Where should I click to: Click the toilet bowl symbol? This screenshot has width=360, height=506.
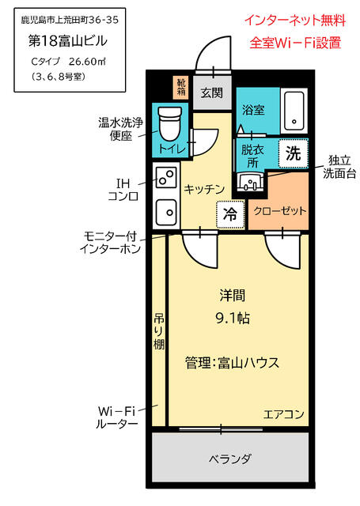(169, 124)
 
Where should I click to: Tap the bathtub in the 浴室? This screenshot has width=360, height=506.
(294, 111)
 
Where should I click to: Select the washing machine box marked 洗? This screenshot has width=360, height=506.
(294, 153)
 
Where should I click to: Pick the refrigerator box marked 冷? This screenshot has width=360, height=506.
(230, 214)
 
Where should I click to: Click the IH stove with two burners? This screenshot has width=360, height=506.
(166, 177)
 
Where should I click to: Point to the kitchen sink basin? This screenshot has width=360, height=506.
(166, 212)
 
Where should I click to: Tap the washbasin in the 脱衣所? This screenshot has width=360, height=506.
(249, 181)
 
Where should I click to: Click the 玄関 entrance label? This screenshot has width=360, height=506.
(212, 93)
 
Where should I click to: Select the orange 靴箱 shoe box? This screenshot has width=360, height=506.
(181, 87)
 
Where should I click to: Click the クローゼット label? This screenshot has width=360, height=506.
(279, 211)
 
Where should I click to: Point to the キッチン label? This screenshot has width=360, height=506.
(204, 189)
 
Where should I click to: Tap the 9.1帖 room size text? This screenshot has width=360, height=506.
(233, 318)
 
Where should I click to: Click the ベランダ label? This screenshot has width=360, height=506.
(229, 459)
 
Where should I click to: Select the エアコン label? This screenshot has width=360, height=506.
(284, 414)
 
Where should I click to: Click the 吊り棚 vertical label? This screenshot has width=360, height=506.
(159, 331)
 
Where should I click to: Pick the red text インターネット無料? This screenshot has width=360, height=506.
(295, 21)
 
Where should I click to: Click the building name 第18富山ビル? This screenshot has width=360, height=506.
(68, 41)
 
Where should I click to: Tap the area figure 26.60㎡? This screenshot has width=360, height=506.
(88, 62)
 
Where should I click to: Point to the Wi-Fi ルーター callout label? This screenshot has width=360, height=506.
(116, 417)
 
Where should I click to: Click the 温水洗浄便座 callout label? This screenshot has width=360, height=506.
(121, 129)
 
